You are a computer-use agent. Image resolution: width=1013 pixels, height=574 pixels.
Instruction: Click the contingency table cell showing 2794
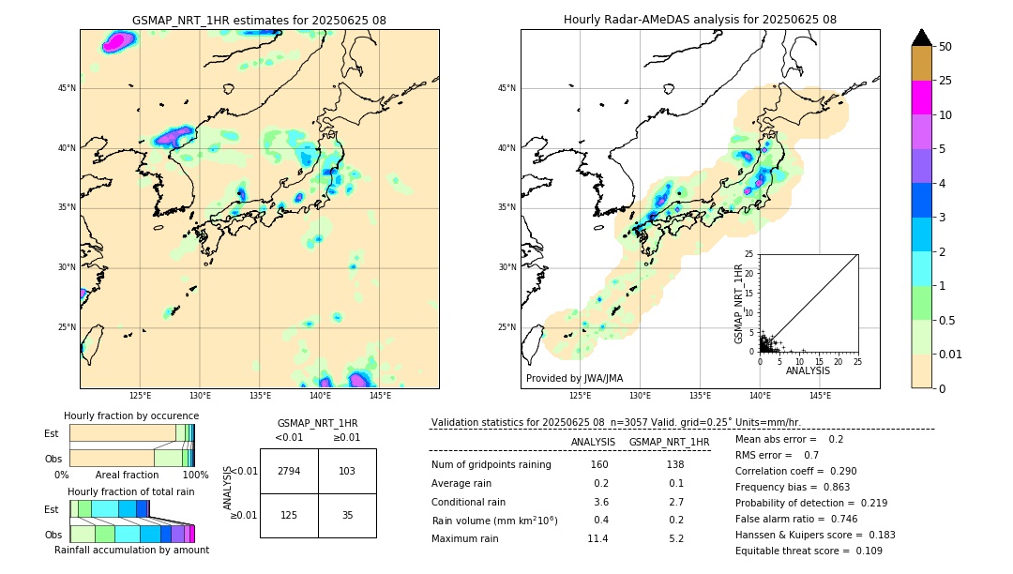(x=289, y=471)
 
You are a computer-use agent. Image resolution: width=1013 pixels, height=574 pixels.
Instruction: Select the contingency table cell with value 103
(x=347, y=471)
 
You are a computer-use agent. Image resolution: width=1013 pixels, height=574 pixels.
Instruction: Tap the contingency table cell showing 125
(x=289, y=514)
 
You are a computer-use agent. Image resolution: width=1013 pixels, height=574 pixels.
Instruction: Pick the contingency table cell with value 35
(x=347, y=514)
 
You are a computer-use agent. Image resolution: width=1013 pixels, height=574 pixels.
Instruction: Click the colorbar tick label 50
(x=945, y=47)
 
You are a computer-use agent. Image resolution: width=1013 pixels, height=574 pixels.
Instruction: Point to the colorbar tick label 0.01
(x=951, y=354)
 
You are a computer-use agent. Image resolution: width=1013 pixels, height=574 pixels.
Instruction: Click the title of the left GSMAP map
(x=259, y=20)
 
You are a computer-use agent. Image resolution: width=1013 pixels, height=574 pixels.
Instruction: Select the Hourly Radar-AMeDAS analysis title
(x=700, y=20)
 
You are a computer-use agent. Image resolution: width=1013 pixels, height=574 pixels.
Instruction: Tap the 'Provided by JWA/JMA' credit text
(x=574, y=379)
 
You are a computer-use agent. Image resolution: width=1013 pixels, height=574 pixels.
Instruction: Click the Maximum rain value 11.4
(x=597, y=538)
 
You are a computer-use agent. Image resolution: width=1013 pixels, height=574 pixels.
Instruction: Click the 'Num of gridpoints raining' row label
(x=491, y=465)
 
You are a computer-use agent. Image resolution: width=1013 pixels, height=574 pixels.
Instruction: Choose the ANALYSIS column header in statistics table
(x=593, y=442)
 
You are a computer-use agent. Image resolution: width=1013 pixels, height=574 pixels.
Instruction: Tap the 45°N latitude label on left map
(x=67, y=88)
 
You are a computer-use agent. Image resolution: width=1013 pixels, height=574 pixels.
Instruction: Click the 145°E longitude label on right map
(x=820, y=396)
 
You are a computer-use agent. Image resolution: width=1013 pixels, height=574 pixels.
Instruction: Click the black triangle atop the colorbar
(x=922, y=38)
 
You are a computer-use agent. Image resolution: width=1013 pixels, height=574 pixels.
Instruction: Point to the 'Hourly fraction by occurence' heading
(x=131, y=415)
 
